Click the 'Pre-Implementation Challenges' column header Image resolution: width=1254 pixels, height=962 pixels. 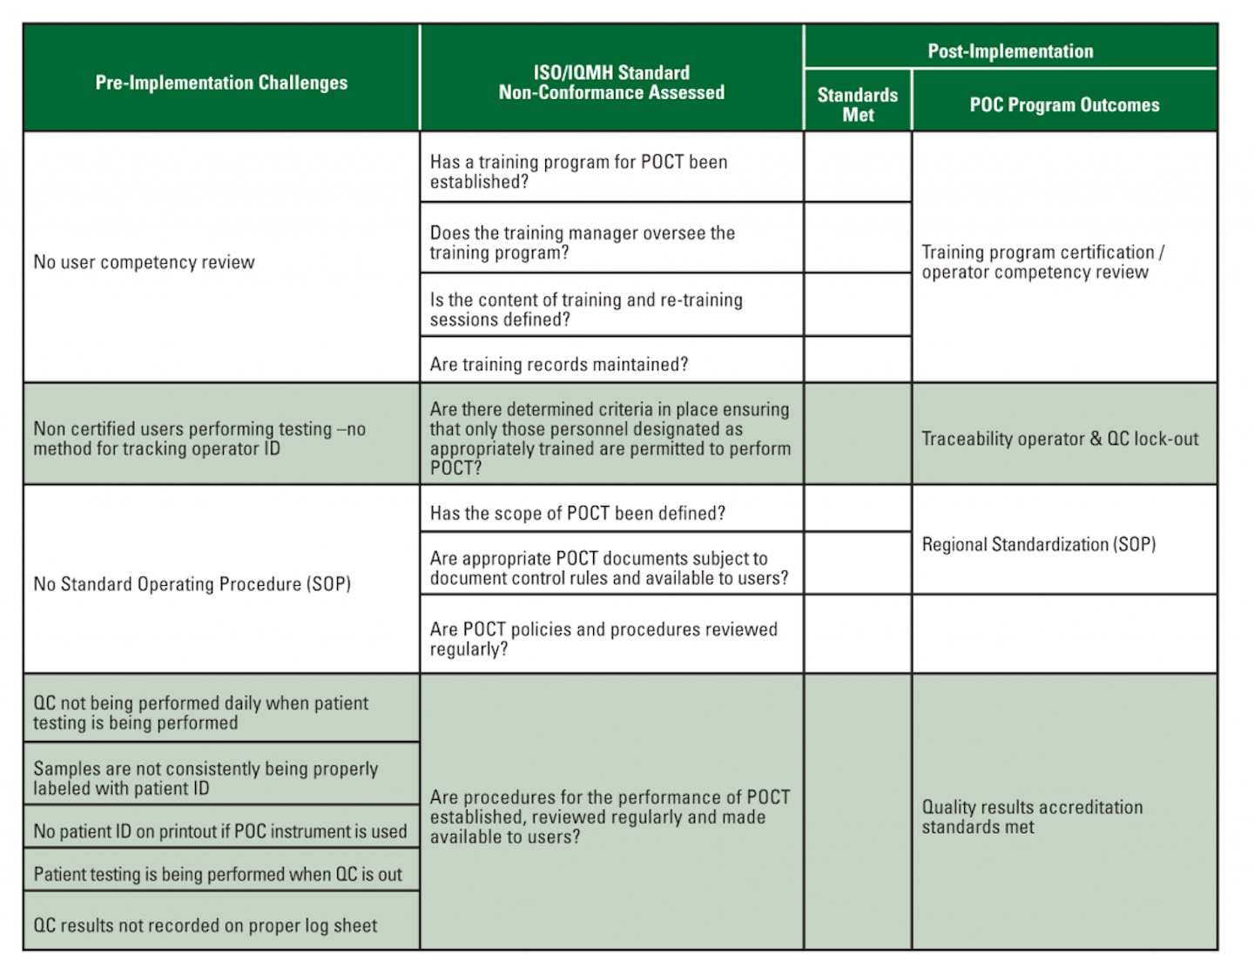pyautogui.click(x=221, y=83)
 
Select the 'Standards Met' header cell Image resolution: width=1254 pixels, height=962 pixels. pyautogui.click(x=857, y=104)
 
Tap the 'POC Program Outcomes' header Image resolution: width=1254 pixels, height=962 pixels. pyautogui.click(x=1064, y=105)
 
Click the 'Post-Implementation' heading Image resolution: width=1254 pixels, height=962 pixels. pyautogui.click(x=1010, y=51)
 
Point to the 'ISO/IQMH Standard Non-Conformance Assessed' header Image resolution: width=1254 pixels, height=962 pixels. pyautogui.click(x=611, y=83)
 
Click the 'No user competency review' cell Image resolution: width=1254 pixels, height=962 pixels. pyautogui.click(x=145, y=262)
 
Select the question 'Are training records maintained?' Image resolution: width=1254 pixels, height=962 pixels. pyautogui.click(x=559, y=364)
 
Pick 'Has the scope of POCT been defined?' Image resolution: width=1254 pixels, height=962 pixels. pyautogui.click(x=577, y=513)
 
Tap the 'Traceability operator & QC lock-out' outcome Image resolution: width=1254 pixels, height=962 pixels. pyautogui.click(x=1060, y=439)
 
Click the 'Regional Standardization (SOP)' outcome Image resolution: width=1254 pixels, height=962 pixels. pyautogui.click(x=1039, y=544)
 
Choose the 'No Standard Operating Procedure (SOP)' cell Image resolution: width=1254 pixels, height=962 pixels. pyautogui.click(x=192, y=583)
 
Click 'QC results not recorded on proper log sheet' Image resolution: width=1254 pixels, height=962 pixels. pyautogui.click(x=206, y=925)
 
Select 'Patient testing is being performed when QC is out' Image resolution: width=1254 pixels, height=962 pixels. pyautogui.click(x=218, y=874)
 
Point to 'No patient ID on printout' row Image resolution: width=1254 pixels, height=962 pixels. pyautogui.click(x=219, y=831)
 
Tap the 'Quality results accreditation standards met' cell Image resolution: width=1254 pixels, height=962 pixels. pyautogui.click(x=1032, y=817)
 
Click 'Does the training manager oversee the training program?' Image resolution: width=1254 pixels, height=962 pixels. pyautogui.click(x=582, y=242)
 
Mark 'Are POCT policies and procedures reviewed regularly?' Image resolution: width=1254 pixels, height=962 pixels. pyautogui.click(x=603, y=638)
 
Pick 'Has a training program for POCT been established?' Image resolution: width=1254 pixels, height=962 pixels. pyautogui.click(x=578, y=172)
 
